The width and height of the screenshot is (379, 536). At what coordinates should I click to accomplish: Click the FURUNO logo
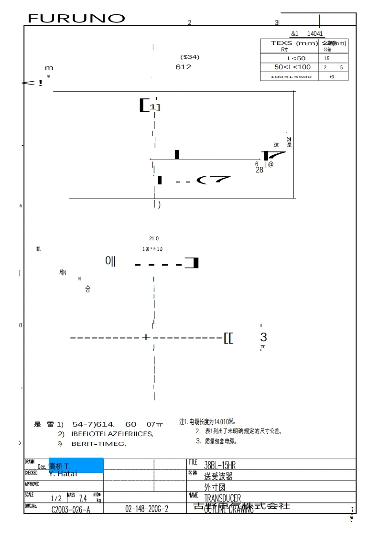[76, 19]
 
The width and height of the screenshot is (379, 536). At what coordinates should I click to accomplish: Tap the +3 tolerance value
[331, 76]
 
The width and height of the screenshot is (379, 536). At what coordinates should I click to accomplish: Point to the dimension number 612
[183, 67]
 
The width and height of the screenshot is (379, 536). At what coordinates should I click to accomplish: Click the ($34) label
[190, 57]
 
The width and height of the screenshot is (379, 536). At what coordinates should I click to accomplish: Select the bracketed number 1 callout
[150, 106]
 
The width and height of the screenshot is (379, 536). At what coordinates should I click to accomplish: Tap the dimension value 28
[260, 170]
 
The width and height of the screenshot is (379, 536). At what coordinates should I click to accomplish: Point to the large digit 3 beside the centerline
[263, 337]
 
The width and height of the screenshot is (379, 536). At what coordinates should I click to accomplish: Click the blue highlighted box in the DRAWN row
[76, 465]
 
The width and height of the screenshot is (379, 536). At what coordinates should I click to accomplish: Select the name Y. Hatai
[63, 474]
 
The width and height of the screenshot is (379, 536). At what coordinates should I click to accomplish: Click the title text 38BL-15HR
[220, 465]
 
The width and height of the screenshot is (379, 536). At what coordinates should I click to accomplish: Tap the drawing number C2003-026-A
[71, 509]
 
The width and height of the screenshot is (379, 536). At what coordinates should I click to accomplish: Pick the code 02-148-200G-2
[147, 509]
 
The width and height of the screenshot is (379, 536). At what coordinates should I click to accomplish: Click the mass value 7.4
[83, 498]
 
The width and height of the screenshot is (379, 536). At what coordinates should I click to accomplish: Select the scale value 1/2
[56, 498]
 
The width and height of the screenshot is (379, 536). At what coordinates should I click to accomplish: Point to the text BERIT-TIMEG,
[98, 444]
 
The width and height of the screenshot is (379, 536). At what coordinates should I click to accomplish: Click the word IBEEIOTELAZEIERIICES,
[112, 434]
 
